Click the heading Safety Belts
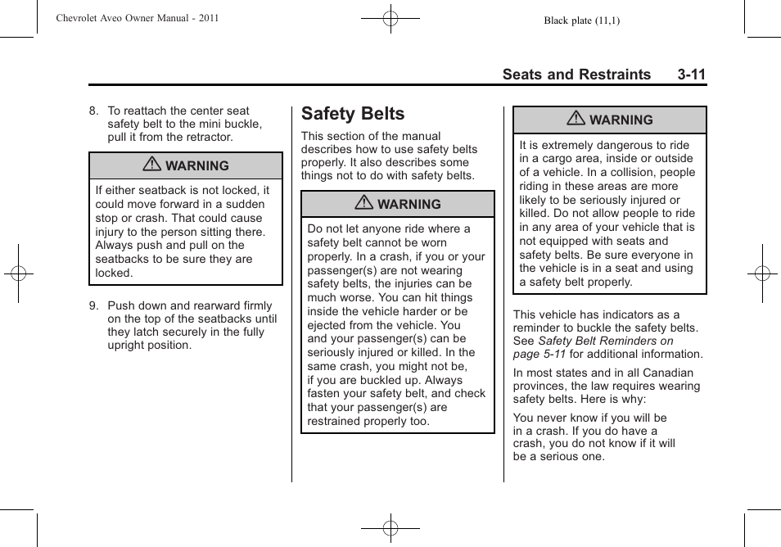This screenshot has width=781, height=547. tap(353, 114)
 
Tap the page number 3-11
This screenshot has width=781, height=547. tap(691, 75)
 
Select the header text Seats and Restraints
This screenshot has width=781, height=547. tap(576, 75)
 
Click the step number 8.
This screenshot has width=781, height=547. tap(94, 111)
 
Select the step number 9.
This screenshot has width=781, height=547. tap(94, 305)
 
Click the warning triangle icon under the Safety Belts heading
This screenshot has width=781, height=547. tap(363, 203)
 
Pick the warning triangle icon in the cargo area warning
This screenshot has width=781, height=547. tap(576, 119)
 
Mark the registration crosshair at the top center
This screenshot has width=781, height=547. tap(390, 17)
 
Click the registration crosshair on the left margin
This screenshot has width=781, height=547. tap(18, 273)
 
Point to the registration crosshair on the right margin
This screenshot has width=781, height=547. tap(762, 273)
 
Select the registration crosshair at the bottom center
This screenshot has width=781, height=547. tap(390, 528)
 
